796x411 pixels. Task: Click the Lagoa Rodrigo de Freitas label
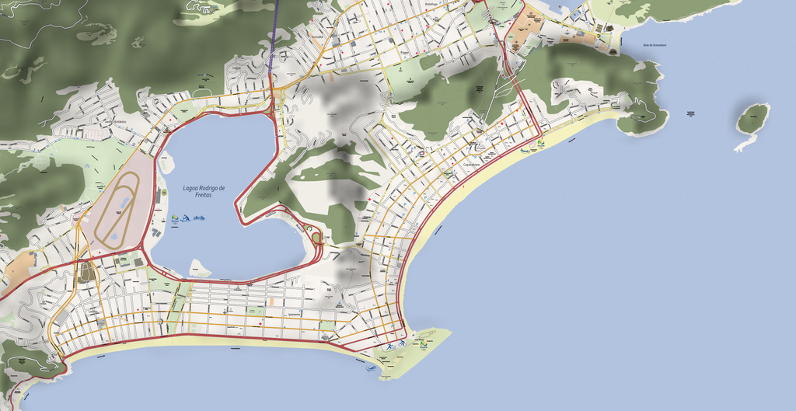(x=204, y=190)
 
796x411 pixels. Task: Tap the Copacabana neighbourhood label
(x=471, y=165)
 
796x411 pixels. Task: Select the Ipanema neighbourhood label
(x=292, y=314)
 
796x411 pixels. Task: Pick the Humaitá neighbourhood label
(x=316, y=37)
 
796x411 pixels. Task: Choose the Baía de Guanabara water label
(x=655, y=45)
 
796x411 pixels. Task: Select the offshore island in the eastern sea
(x=752, y=120)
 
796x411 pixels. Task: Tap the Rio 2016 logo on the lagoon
(x=174, y=218)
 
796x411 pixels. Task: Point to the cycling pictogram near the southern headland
(x=402, y=343)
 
